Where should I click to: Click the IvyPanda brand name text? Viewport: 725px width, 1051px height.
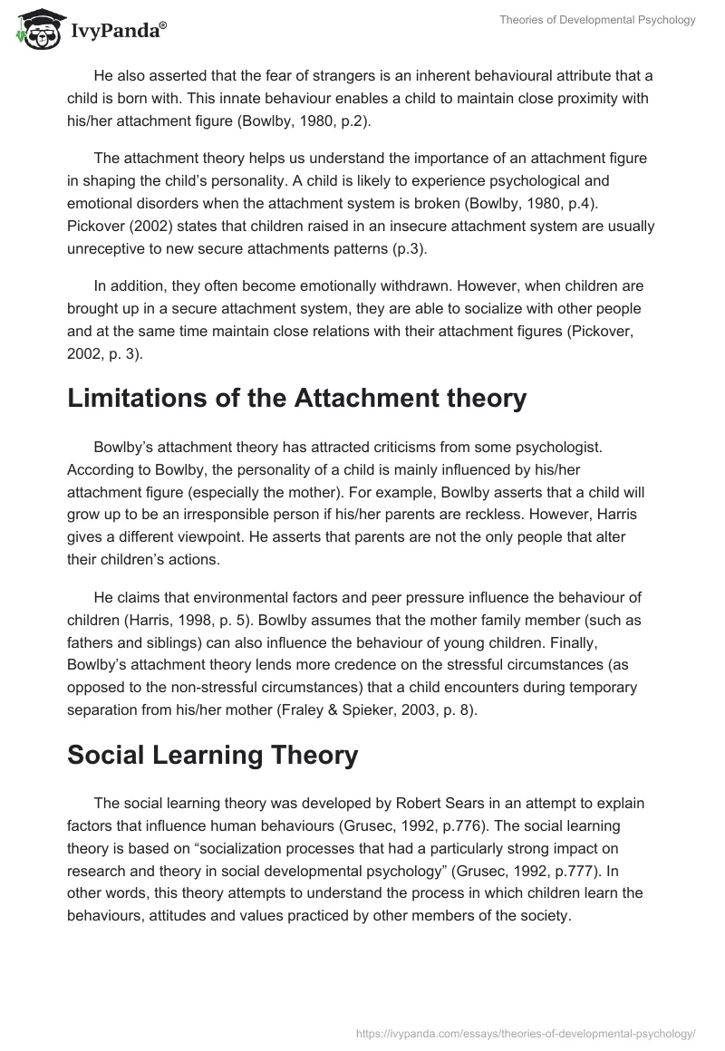(x=118, y=32)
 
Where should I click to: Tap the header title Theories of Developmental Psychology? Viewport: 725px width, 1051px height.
(x=597, y=20)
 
